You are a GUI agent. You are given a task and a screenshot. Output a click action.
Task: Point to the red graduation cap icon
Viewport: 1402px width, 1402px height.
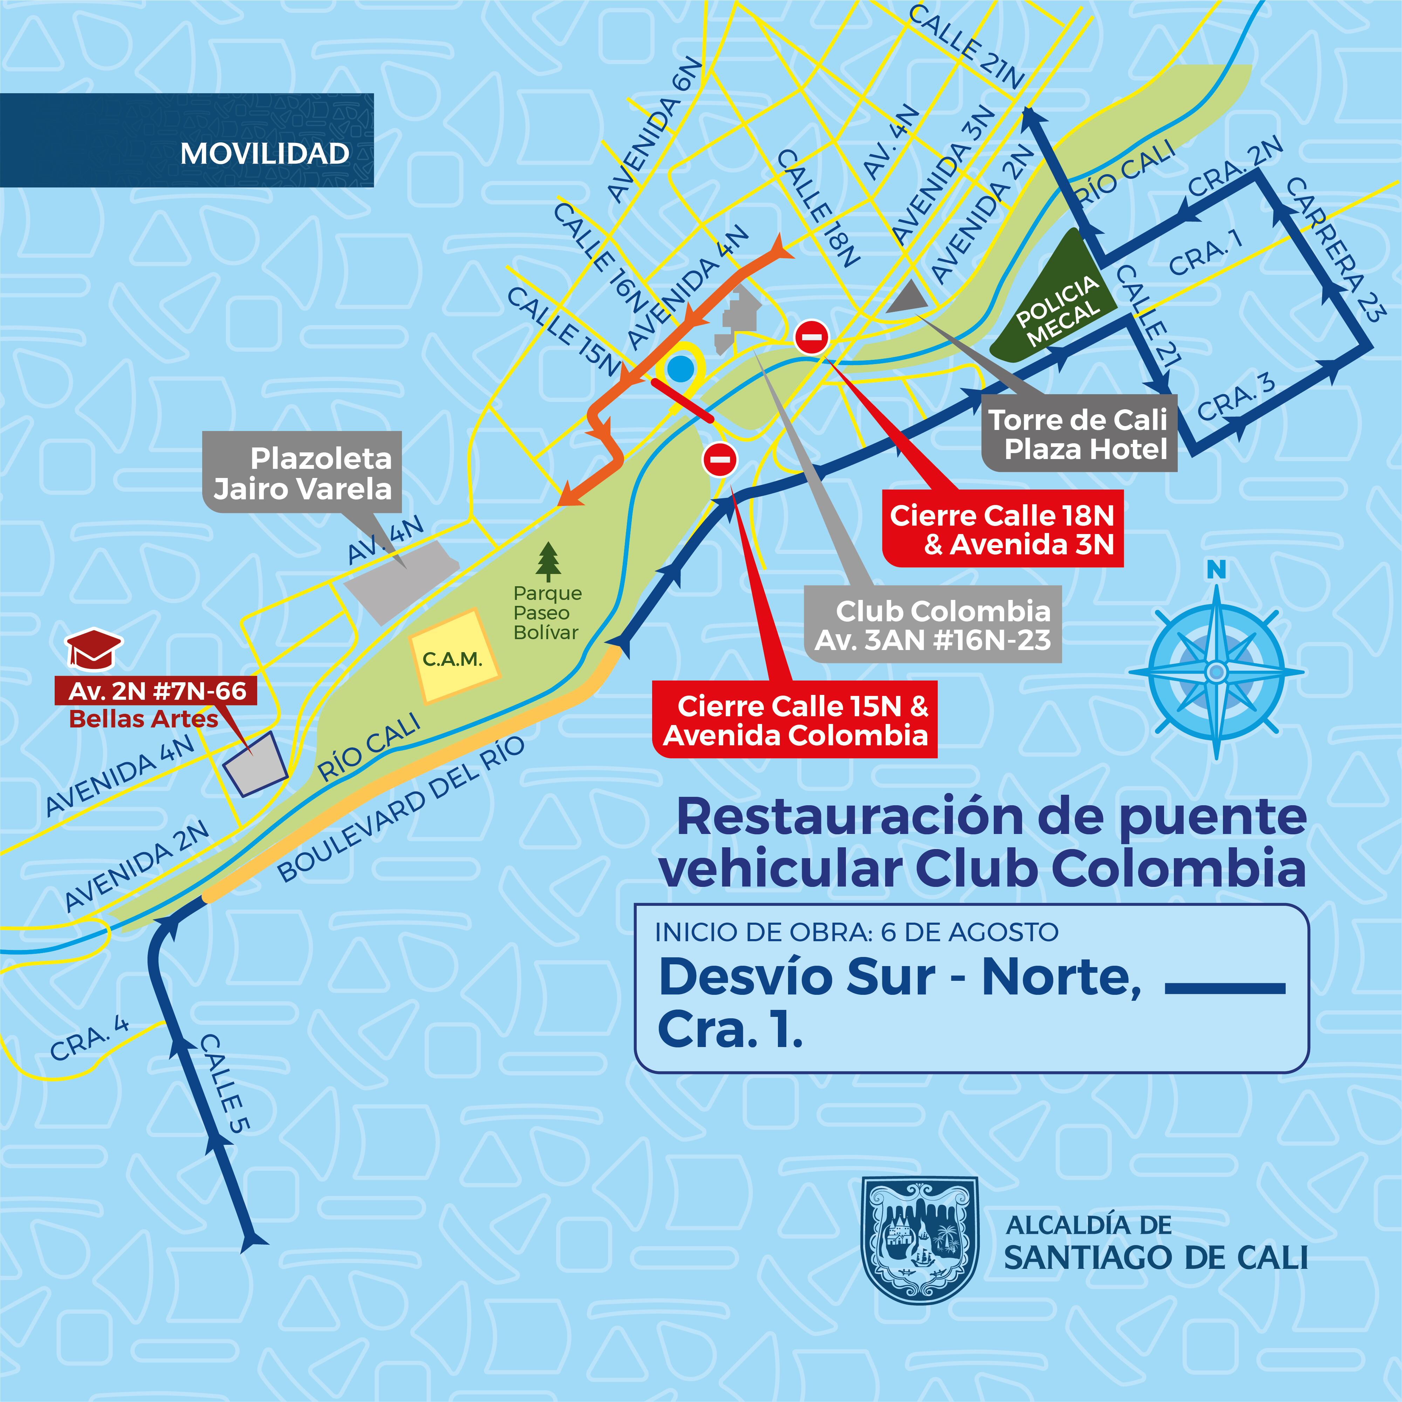click(x=94, y=648)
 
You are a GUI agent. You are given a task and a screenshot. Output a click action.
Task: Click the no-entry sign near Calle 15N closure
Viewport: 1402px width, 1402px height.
click(x=720, y=459)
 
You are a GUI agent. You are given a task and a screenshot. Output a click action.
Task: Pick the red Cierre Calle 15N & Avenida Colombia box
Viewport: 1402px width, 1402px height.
click(x=795, y=720)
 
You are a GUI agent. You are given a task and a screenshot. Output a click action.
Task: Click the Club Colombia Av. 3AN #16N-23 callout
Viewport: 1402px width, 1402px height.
click(x=933, y=624)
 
